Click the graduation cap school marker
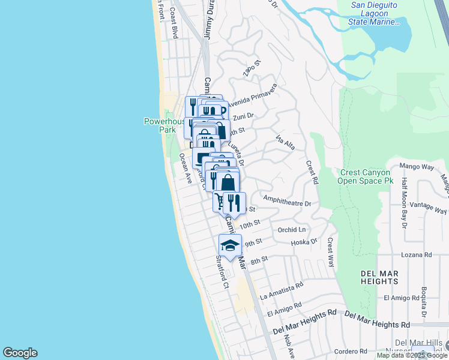pos(230,245)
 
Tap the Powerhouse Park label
pos(160,125)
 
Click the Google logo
pos(20,353)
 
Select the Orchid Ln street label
pos(292,230)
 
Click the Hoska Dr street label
pos(304,242)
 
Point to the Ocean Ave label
pos(185,168)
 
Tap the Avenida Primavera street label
pos(251,95)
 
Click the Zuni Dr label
pos(244,116)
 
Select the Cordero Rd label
pos(346,352)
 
